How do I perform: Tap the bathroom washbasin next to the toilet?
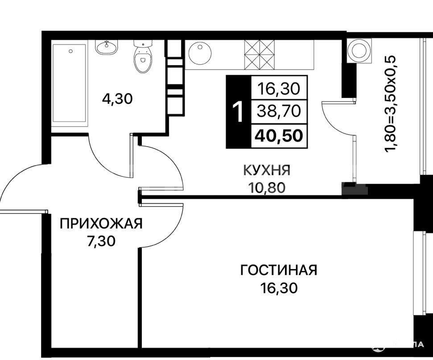click(x=107, y=47)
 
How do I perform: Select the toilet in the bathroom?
click(x=143, y=57)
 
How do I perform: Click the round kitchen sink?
click(x=200, y=53)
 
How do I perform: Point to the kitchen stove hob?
click(x=260, y=55)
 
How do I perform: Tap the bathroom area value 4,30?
click(x=118, y=99)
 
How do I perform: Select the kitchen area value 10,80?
click(x=267, y=188)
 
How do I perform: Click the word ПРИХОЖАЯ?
click(x=101, y=224)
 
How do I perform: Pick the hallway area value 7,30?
click(x=101, y=241)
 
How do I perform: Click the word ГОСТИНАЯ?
click(x=279, y=270)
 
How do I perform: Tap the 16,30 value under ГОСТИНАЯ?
click(x=279, y=288)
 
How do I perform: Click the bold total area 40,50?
click(x=278, y=136)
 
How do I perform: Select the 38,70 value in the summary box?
click(x=279, y=111)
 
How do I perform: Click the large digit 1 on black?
click(x=238, y=112)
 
